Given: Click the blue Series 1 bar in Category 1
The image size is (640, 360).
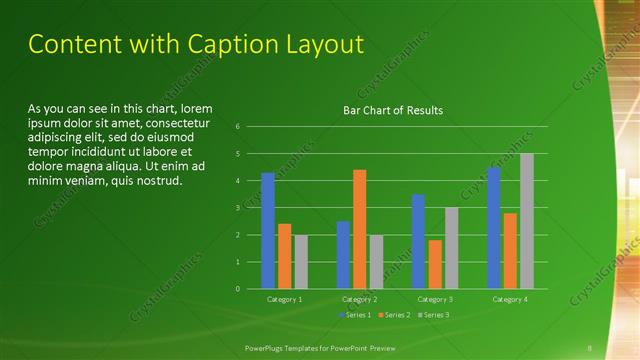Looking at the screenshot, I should click(268, 231).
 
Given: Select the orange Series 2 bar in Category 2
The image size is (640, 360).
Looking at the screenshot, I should click(360, 229).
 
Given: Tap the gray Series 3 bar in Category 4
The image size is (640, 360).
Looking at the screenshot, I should click(526, 221).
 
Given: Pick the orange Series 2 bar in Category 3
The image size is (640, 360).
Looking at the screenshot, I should click(435, 264).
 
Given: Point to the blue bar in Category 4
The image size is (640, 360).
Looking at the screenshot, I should click(493, 228).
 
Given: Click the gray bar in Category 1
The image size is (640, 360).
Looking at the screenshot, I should click(301, 262).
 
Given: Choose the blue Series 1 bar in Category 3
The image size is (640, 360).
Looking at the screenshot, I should click(418, 241).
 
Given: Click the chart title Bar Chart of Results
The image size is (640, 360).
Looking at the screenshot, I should click(393, 110).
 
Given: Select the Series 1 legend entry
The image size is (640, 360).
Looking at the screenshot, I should click(357, 315).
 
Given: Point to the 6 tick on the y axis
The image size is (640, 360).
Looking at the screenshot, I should click(237, 127).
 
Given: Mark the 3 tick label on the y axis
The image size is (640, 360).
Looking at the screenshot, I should click(237, 208).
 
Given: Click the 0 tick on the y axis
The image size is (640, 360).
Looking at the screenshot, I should click(237, 289).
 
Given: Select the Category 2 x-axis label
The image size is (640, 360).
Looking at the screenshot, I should click(359, 299).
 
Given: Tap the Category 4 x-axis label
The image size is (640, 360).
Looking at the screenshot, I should click(510, 299).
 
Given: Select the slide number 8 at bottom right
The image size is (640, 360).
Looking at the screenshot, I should click(590, 348).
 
